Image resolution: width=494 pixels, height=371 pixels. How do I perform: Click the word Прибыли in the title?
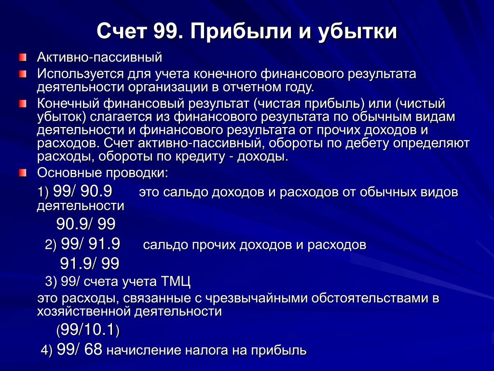pyautogui.click(x=241, y=31)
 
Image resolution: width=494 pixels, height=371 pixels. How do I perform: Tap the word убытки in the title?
pyautogui.click(x=357, y=31)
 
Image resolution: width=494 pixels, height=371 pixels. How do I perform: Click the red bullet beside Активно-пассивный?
pyautogui.click(x=23, y=57)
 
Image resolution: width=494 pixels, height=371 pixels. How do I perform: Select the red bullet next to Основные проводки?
pyautogui.click(x=23, y=172)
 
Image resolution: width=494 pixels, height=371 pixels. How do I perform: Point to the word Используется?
pyautogui.click(x=81, y=74)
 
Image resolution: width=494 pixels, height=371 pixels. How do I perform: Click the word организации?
pyautogui.click(x=167, y=87)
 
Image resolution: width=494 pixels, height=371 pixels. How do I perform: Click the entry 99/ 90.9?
pyautogui.click(x=82, y=191)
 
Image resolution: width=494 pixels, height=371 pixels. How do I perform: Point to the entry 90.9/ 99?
pyautogui.click(x=86, y=224)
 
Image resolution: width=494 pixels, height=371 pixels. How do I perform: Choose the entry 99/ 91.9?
pyautogui.click(x=90, y=244)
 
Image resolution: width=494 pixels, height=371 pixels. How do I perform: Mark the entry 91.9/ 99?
pyautogui.click(x=90, y=263)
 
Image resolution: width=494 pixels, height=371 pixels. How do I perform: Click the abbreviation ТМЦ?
pyautogui.click(x=176, y=282)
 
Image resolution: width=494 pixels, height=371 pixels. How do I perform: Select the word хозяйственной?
pyautogui.click(x=84, y=312)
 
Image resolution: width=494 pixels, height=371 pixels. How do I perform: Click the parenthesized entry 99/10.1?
pyautogui.click(x=88, y=329)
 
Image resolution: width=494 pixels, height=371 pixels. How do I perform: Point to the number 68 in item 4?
pyautogui.click(x=93, y=349)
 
